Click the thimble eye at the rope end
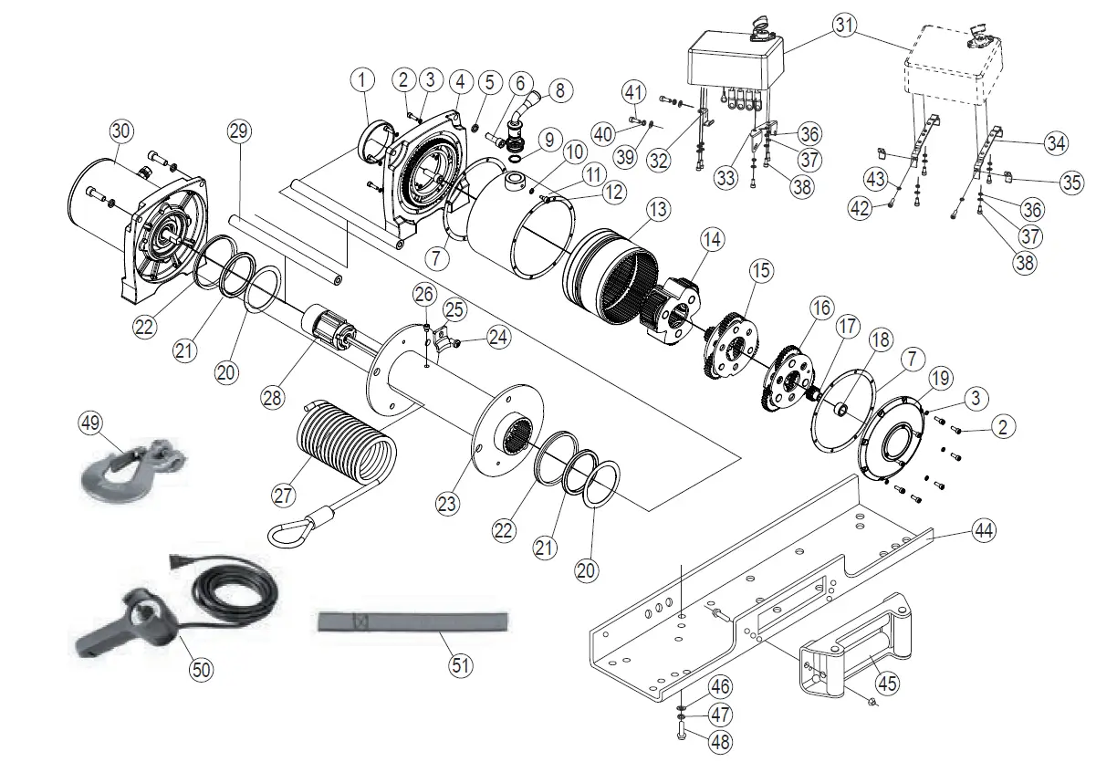286,528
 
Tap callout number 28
272,398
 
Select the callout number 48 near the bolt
720,742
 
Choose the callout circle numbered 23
448,502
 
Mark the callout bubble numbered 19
940,378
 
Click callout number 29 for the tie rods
238,131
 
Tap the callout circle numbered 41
634,91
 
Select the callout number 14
712,240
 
